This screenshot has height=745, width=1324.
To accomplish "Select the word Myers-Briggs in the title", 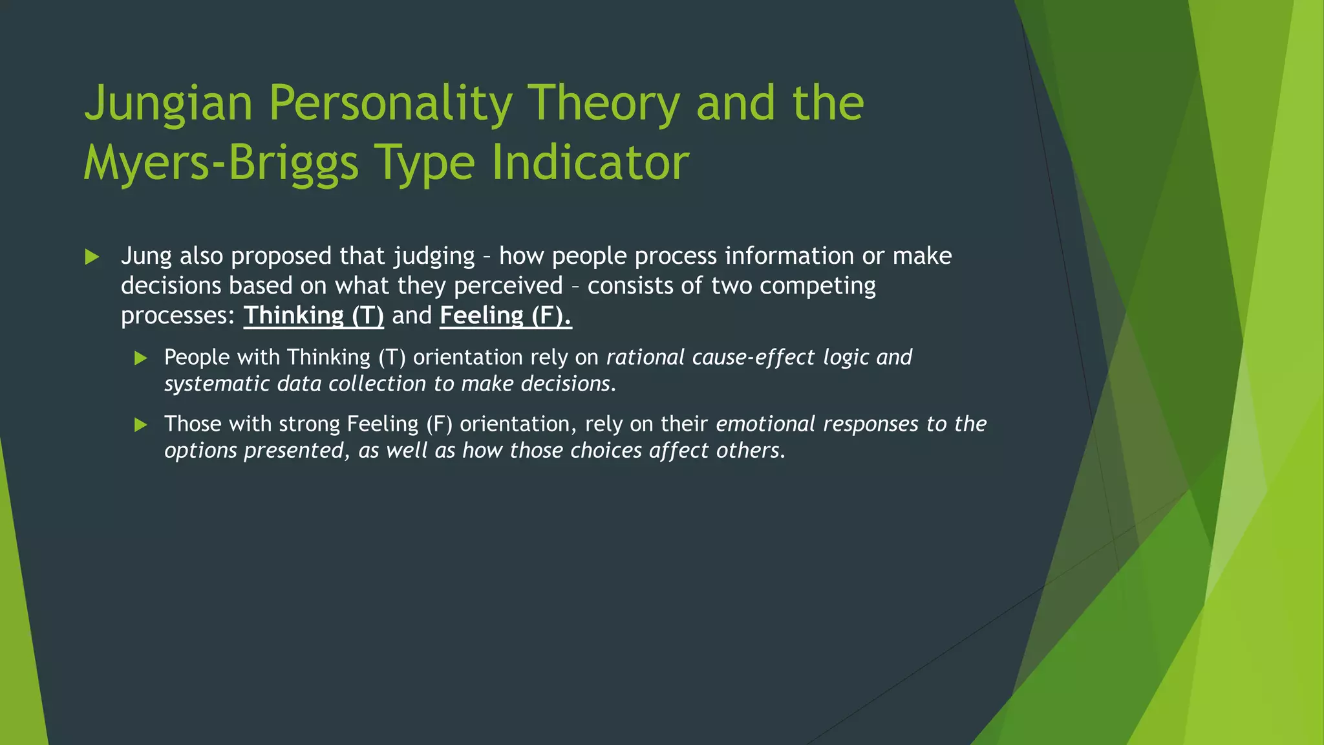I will [220, 163].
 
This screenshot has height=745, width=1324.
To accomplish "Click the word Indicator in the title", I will [590, 163].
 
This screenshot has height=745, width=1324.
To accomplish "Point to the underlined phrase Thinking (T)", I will [314, 316].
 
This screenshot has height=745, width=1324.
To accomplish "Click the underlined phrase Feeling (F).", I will [506, 316].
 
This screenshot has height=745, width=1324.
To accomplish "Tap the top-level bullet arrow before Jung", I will [92, 257].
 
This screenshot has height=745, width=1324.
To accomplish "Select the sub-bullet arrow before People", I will [141, 358].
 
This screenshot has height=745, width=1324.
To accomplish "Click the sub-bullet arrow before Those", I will [141, 425].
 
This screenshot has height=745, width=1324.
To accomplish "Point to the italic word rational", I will [645, 357].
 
